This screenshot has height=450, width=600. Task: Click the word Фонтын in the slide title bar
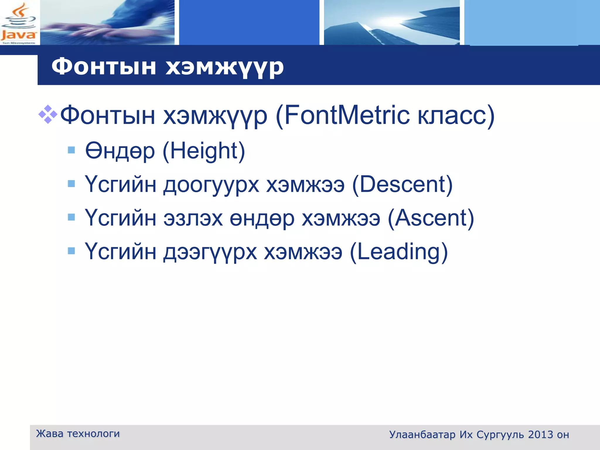103,67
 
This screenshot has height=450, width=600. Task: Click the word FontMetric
347,115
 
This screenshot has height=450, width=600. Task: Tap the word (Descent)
402,185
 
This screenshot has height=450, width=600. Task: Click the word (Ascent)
431,218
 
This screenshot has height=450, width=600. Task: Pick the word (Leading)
399,252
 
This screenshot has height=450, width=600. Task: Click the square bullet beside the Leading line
71,251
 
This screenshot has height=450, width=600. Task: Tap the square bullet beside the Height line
71,150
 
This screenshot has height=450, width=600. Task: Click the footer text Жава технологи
78,434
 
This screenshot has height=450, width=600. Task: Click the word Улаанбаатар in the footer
422,434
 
